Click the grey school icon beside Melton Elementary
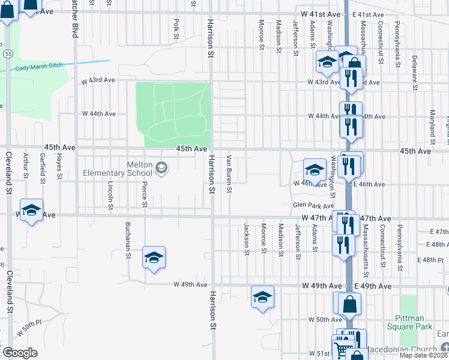[161, 168]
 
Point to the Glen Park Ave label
[313, 205]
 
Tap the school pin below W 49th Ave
[262, 298]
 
